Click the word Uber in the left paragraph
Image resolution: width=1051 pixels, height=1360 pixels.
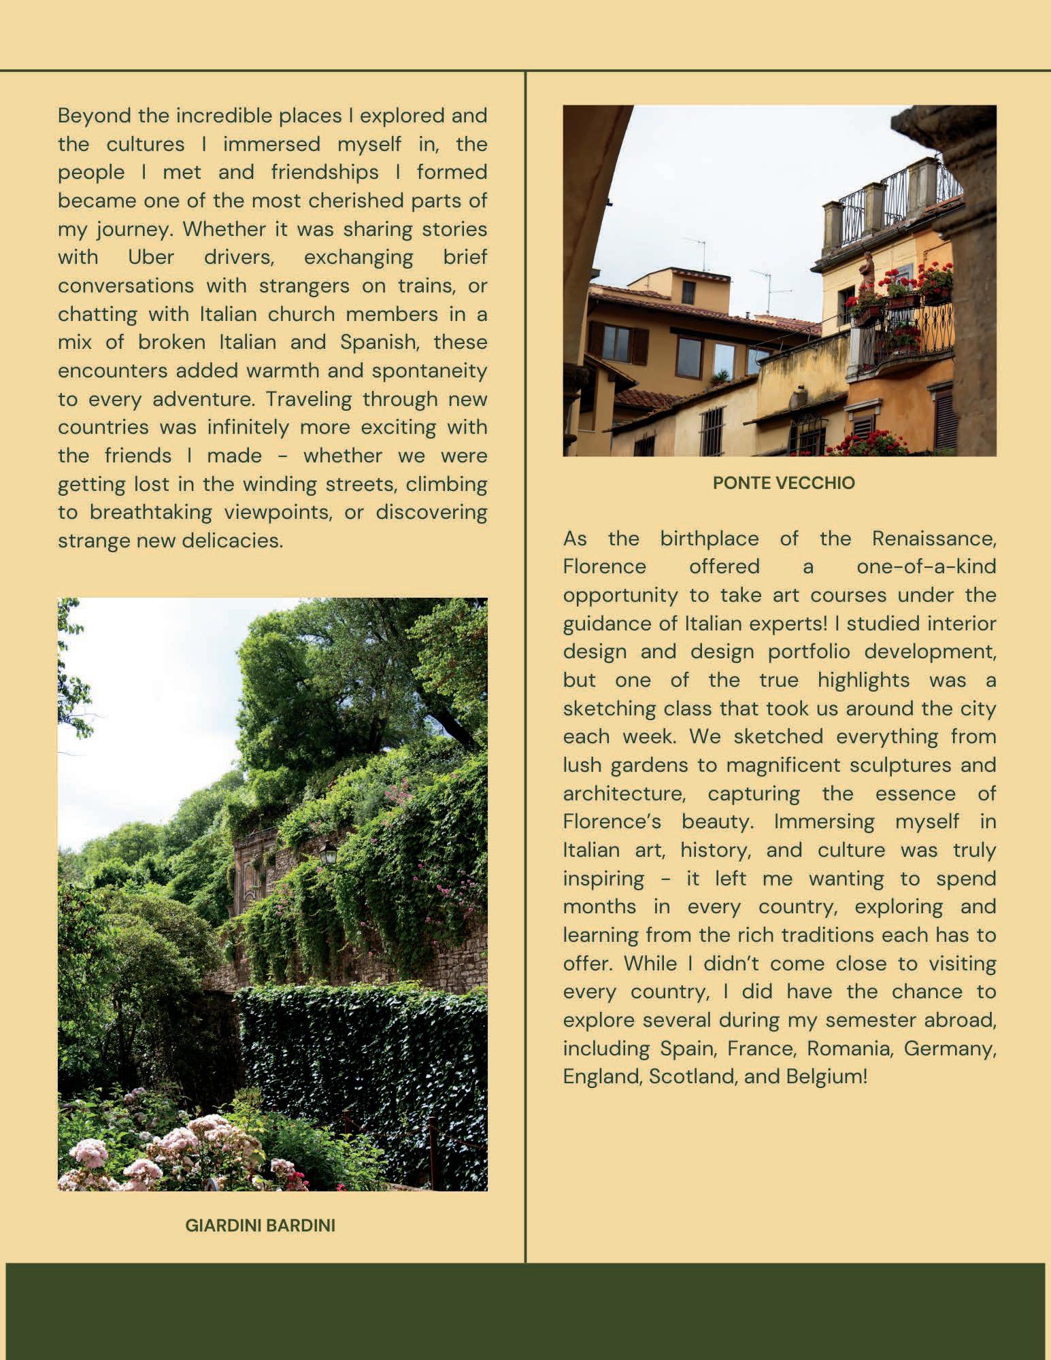[151, 258]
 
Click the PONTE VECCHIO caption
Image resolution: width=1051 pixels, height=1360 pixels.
[784, 483]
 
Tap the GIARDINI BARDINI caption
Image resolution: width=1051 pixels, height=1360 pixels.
[261, 1226]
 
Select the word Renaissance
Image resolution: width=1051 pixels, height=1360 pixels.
[933, 539]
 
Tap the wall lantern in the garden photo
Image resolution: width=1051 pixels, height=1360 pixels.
[329, 851]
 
